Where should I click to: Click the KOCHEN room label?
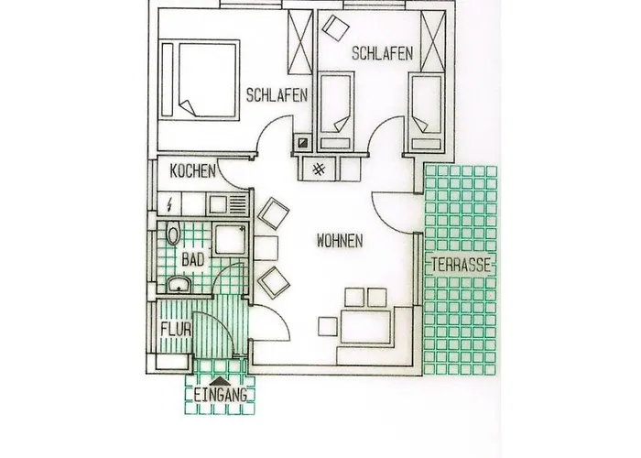(192, 171)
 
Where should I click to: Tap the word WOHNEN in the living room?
(340, 241)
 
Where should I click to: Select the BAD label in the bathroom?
(191, 261)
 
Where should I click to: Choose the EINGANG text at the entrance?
(221, 396)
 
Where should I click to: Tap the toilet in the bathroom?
(171, 235)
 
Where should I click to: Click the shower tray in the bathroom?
(228, 241)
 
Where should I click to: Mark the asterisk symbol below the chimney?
(318, 168)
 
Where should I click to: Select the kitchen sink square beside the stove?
(216, 202)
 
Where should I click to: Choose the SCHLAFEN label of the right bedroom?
(384, 53)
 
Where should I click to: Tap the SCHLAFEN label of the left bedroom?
(276, 93)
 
